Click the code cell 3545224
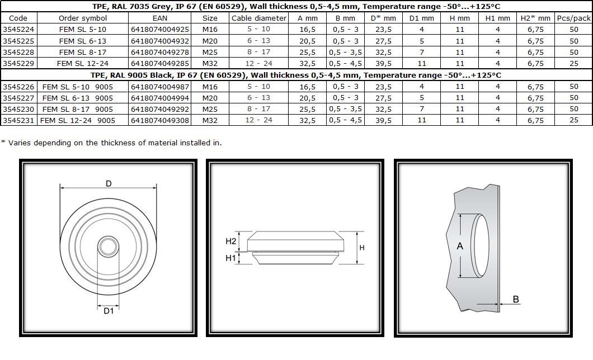click(x=18, y=30)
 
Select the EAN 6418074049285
click(x=160, y=64)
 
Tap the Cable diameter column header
click(x=259, y=18)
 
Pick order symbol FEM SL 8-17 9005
click(x=78, y=109)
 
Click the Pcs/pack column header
click(x=574, y=18)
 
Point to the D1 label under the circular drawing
click(x=109, y=311)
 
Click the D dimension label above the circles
click(x=109, y=183)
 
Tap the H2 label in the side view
click(x=230, y=241)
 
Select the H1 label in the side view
click(x=230, y=258)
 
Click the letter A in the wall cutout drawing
click(x=460, y=247)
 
